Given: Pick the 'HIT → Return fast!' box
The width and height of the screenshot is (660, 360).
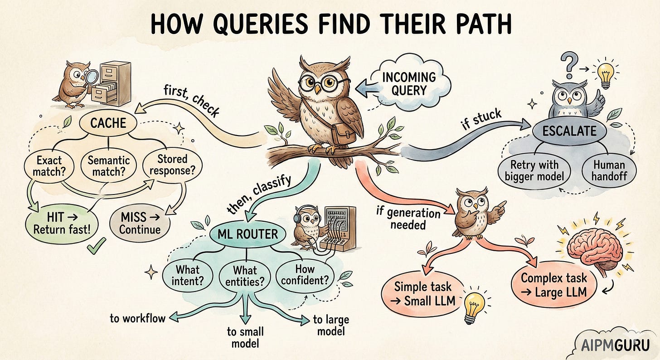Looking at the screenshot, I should (62, 224).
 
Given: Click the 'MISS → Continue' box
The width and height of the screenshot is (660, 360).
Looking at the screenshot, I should (140, 223).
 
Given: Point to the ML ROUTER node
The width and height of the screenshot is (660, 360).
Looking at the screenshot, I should (247, 234).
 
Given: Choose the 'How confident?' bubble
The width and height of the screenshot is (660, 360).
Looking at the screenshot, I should (305, 274).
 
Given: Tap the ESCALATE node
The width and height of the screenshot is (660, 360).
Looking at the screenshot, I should (570, 131).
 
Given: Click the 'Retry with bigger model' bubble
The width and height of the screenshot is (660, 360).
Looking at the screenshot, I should (534, 170).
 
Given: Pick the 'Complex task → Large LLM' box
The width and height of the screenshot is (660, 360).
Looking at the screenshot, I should (553, 285).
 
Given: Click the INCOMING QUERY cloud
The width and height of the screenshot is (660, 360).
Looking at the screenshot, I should (408, 83).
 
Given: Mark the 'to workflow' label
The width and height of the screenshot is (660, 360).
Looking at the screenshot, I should (137, 318).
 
